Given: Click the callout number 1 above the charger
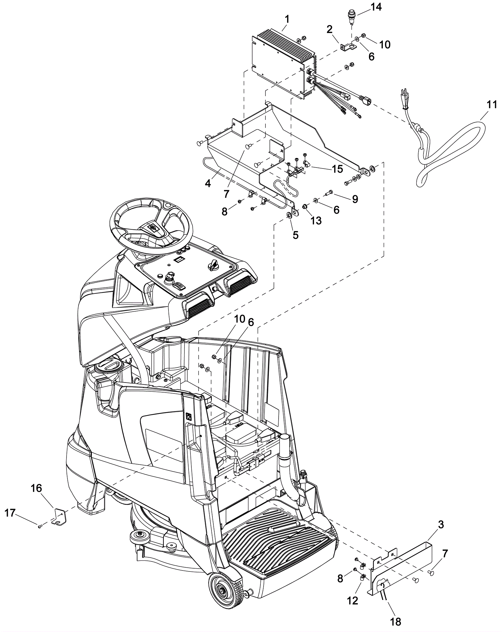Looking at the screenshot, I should [x=287, y=19].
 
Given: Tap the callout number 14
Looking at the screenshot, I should [x=376, y=7].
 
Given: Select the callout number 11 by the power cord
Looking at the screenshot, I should [x=492, y=104].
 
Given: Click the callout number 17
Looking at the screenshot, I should [x=10, y=513].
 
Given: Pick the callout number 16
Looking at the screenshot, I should [x=36, y=488].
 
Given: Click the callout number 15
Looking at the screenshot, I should [x=337, y=169].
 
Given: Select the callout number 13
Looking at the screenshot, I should [x=316, y=221].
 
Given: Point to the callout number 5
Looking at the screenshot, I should [x=296, y=235].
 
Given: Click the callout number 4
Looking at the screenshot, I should [x=208, y=183].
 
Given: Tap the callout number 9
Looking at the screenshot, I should [x=355, y=199].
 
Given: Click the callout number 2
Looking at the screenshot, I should [x=329, y=29].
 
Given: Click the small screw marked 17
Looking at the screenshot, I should [x=40, y=527].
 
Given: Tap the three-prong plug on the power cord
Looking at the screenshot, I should [x=405, y=96].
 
